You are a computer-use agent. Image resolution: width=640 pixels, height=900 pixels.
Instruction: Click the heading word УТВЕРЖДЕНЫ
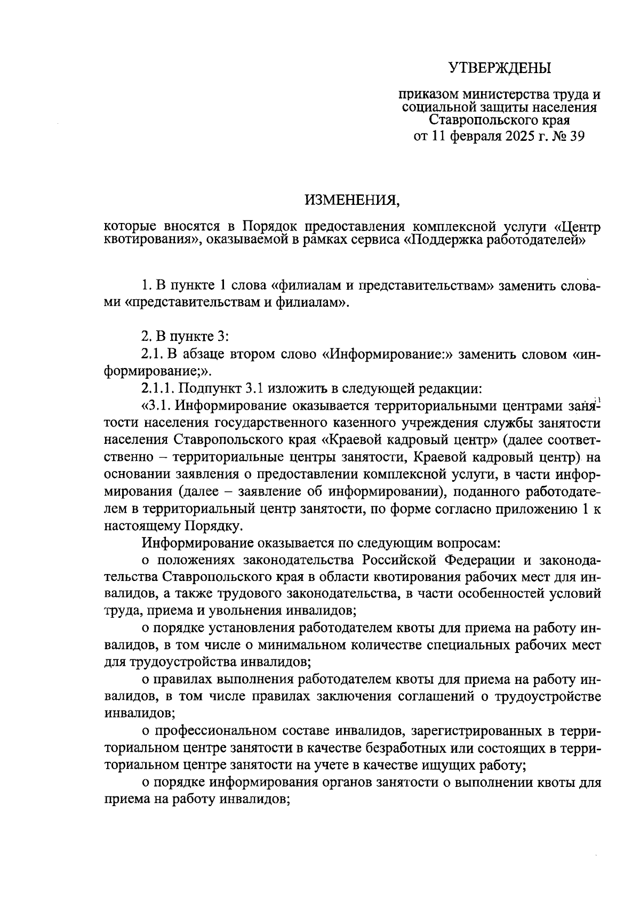coord(500,68)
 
